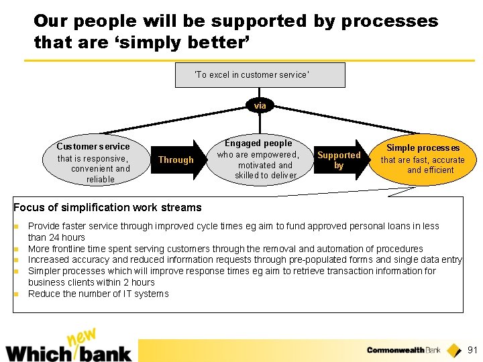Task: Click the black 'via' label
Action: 260,105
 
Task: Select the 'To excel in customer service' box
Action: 260,75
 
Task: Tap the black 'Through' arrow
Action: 176,160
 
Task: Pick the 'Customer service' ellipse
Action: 93,162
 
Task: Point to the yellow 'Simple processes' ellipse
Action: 423,160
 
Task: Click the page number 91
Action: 472,350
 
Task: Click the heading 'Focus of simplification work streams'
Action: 107,207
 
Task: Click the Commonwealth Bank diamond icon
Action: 454,350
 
